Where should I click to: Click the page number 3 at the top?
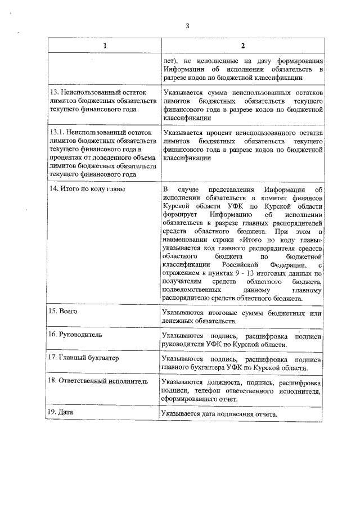click(x=188, y=25)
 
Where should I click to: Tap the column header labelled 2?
click(x=242, y=46)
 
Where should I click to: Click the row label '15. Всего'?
click(x=64, y=311)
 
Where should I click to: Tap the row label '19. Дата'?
click(x=62, y=412)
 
